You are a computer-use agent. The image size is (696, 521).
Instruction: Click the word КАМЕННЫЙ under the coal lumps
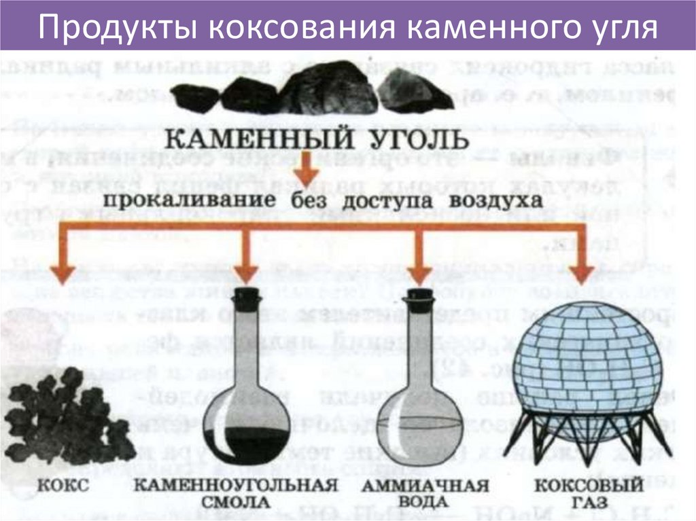tap(251, 142)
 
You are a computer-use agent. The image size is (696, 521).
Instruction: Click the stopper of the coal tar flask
tap(247, 299)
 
